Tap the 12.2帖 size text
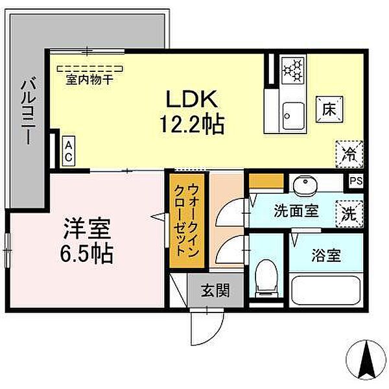pos(192,123)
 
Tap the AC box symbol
pos(68,150)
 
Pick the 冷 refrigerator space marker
pos(349,154)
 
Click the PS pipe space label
pos(355,182)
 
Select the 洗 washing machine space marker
pos(349,213)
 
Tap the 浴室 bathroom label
pos(325,253)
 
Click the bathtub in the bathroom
pos(326,290)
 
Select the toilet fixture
pos(265,276)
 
